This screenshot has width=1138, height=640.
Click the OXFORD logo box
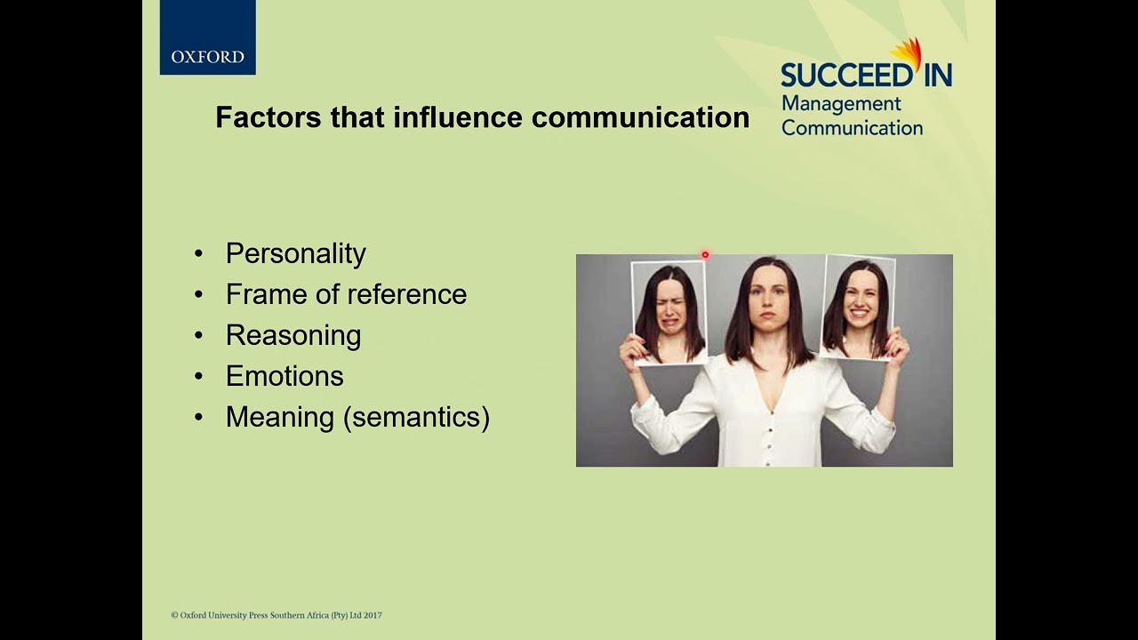click(207, 37)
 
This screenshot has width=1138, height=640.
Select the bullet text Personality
click(295, 253)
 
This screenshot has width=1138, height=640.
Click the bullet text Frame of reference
click(346, 294)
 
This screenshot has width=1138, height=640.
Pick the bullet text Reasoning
click(293, 335)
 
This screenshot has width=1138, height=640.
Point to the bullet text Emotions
click(284, 376)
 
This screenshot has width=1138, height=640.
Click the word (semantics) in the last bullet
click(416, 417)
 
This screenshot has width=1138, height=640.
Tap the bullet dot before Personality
click(198, 254)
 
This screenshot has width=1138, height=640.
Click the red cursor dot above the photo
click(705, 255)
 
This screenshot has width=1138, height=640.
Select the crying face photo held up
click(669, 311)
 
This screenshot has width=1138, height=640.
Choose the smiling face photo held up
click(857, 307)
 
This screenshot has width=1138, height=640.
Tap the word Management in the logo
click(841, 104)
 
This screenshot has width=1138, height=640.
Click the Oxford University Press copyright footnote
click(276, 615)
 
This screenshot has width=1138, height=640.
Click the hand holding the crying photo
click(633, 351)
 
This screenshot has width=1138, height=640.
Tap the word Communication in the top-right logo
click(852, 128)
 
